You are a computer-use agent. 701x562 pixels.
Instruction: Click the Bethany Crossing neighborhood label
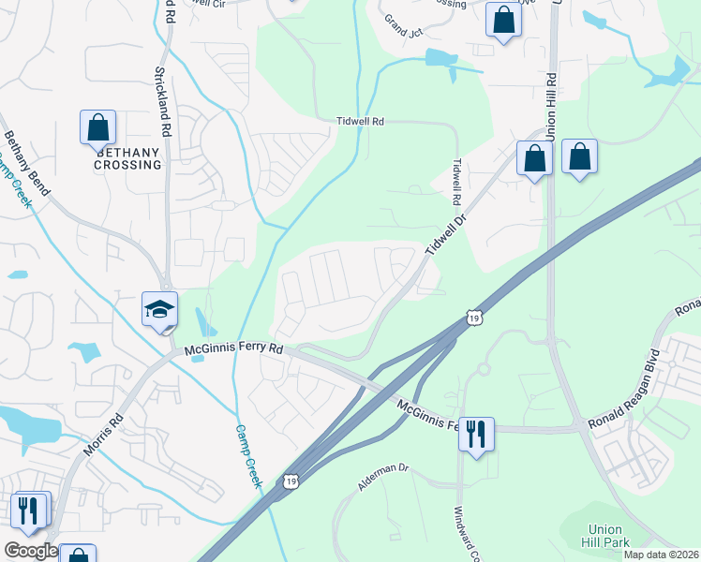coord(127,157)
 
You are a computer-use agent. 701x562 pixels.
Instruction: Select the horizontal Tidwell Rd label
coord(361,122)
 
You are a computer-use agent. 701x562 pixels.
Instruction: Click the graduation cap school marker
coord(160,308)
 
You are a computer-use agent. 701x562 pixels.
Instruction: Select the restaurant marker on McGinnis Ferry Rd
coord(477,434)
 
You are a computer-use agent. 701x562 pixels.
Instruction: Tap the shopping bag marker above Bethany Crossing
coord(97,126)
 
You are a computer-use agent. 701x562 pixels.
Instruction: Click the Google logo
coord(31,551)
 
